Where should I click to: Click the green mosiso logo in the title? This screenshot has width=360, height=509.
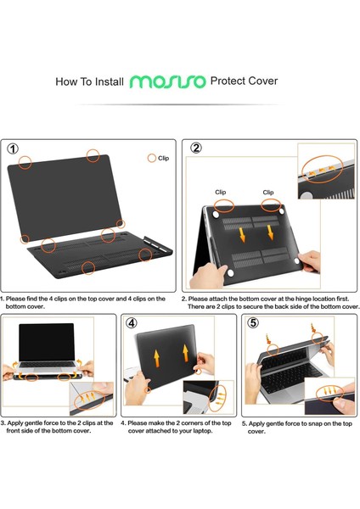tap(167, 82)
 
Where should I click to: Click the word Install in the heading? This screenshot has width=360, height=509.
tap(106, 82)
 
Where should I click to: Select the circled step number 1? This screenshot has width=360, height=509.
tap(13, 148)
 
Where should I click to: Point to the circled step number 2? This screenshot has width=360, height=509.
tap(196, 148)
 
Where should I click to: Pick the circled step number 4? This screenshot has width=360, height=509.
tap(131, 322)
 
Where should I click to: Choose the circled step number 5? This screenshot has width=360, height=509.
tap(253, 322)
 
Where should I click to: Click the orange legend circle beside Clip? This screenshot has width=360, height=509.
tap(152, 158)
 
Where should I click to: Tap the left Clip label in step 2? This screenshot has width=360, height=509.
tap(220, 193)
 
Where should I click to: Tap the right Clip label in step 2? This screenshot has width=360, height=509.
tap(268, 193)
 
